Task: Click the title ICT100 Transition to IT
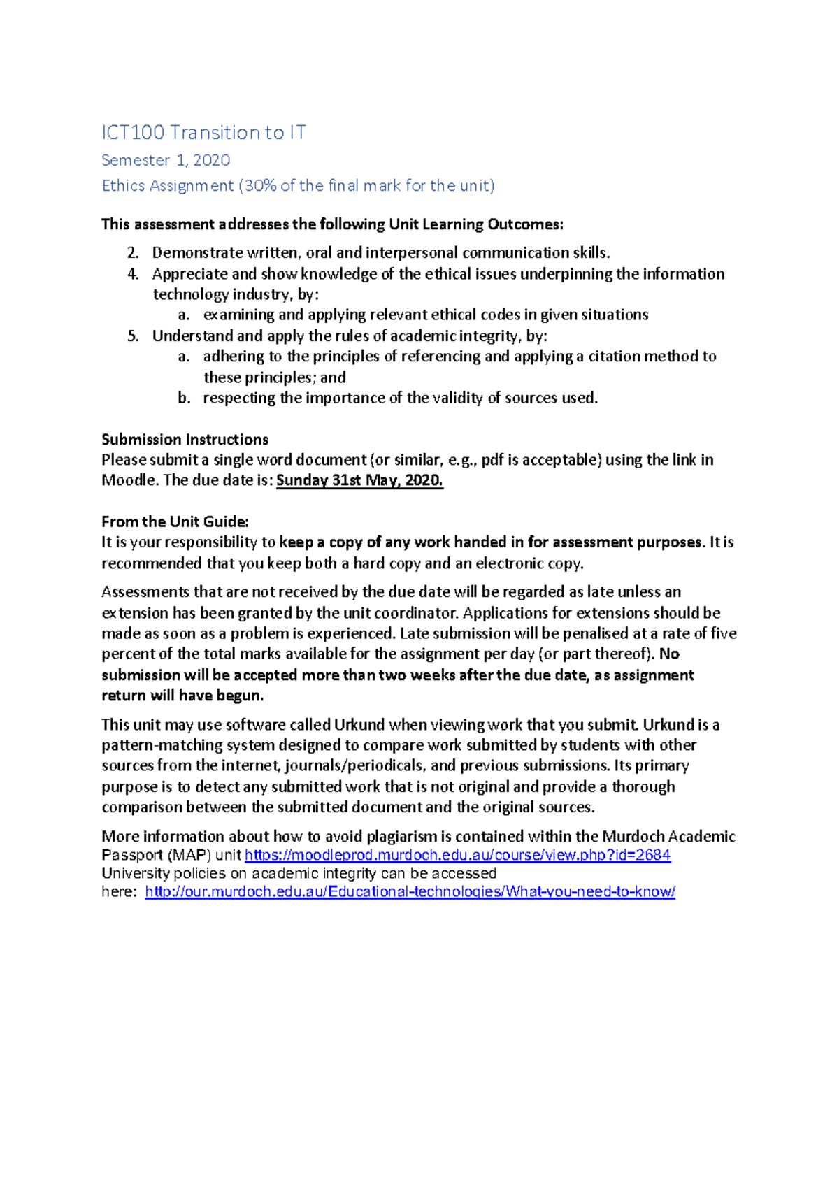[203, 132]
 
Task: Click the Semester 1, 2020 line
[166, 160]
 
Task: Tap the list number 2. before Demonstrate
[133, 253]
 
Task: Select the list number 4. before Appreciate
[133, 274]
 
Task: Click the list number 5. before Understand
[133, 336]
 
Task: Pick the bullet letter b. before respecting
[184, 398]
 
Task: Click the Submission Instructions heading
[185, 440]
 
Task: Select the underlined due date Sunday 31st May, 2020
[359, 481]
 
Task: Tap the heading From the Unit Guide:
[175, 521]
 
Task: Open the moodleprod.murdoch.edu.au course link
[457, 855]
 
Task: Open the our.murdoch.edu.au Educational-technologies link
[410, 892]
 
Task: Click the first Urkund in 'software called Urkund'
[359, 725]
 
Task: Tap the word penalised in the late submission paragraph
[597, 633]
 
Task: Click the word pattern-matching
[162, 745]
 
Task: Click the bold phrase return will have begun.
[182, 696]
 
